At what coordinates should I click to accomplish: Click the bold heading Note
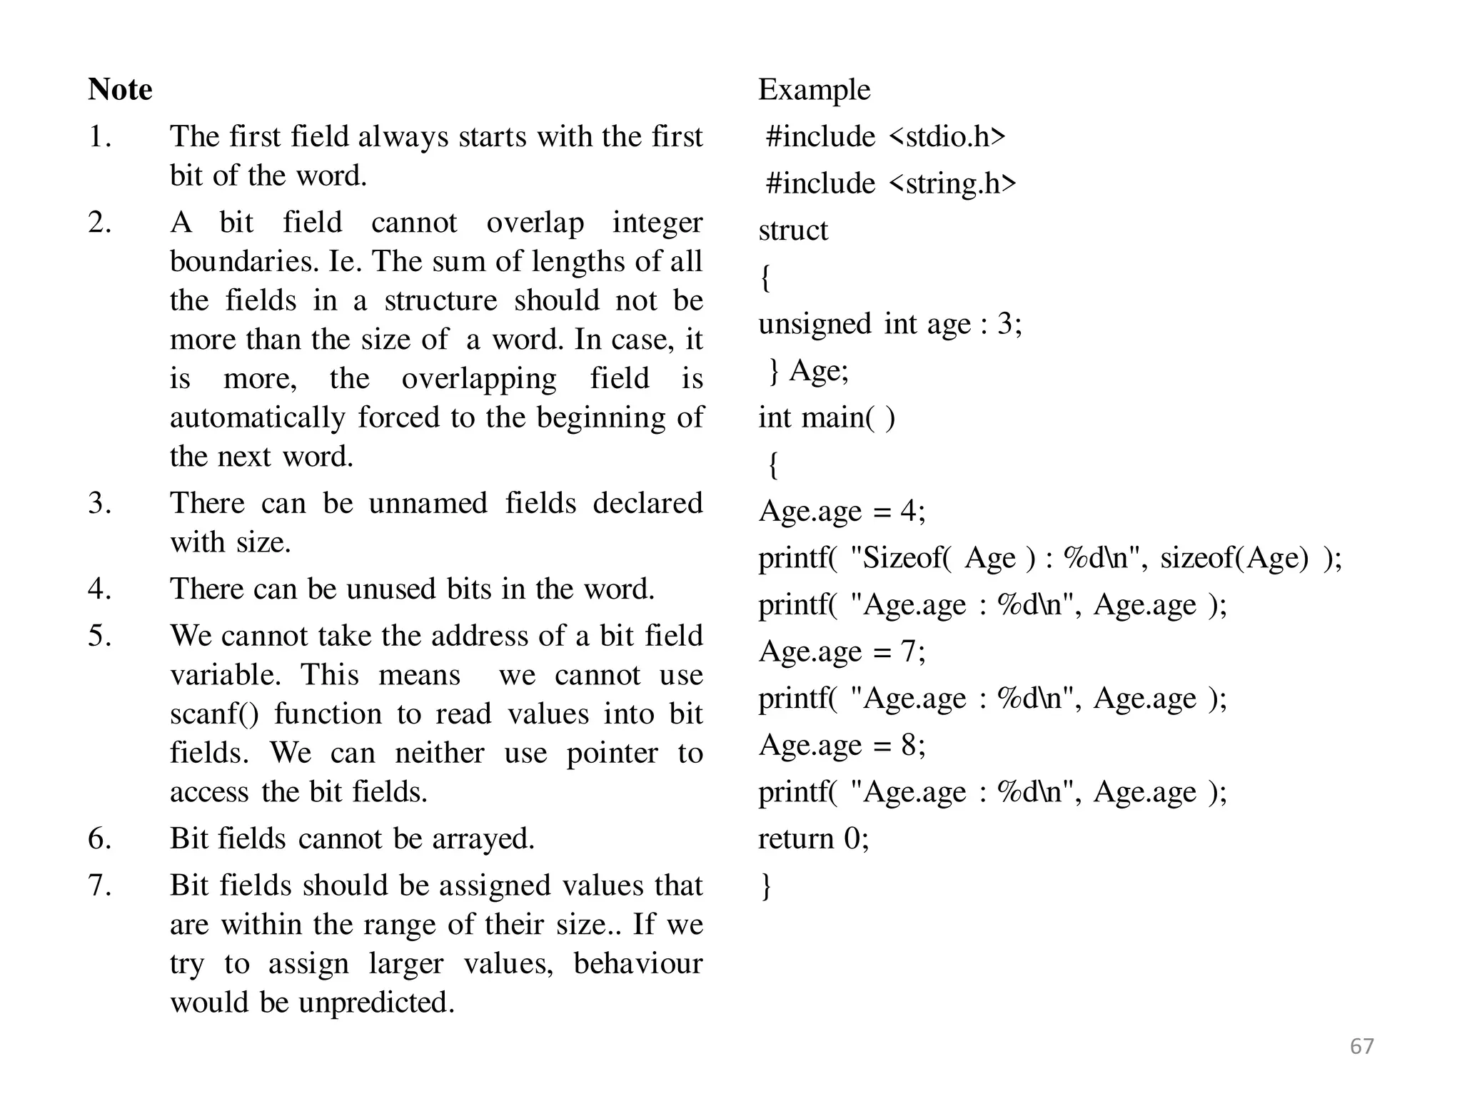120,90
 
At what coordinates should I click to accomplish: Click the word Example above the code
814,90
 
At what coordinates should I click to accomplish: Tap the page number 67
1362,1046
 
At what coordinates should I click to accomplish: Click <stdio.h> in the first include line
947,136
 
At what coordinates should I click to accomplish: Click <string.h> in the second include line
952,183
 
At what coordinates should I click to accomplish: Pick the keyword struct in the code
793,230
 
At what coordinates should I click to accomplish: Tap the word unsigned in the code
815,325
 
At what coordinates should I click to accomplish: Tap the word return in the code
795,838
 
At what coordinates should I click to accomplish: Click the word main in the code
832,417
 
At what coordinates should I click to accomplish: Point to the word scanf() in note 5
215,714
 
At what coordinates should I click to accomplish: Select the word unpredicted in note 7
375,1003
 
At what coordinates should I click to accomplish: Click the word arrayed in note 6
483,839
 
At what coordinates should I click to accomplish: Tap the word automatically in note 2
257,417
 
